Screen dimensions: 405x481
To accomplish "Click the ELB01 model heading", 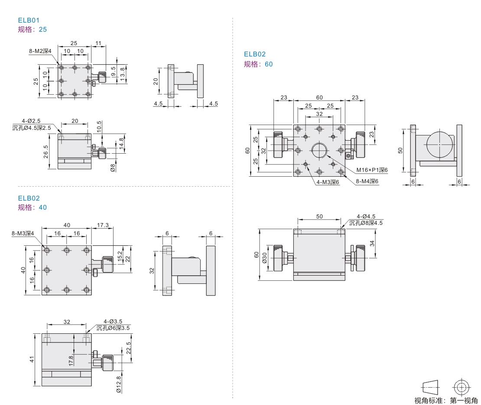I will [29, 20].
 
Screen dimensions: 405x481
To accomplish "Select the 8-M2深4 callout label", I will [40, 51].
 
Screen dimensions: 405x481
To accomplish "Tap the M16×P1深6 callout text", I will [372, 170].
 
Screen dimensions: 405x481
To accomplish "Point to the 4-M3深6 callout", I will [327, 182].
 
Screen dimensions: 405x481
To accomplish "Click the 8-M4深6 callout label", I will [367, 181].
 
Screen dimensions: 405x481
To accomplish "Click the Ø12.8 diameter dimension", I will [119, 384].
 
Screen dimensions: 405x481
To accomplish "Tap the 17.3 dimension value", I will [103, 225].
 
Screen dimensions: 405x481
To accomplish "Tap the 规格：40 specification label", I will [32, 207].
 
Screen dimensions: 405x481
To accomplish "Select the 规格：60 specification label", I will [258, 64].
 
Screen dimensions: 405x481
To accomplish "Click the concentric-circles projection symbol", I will [461, 387].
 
